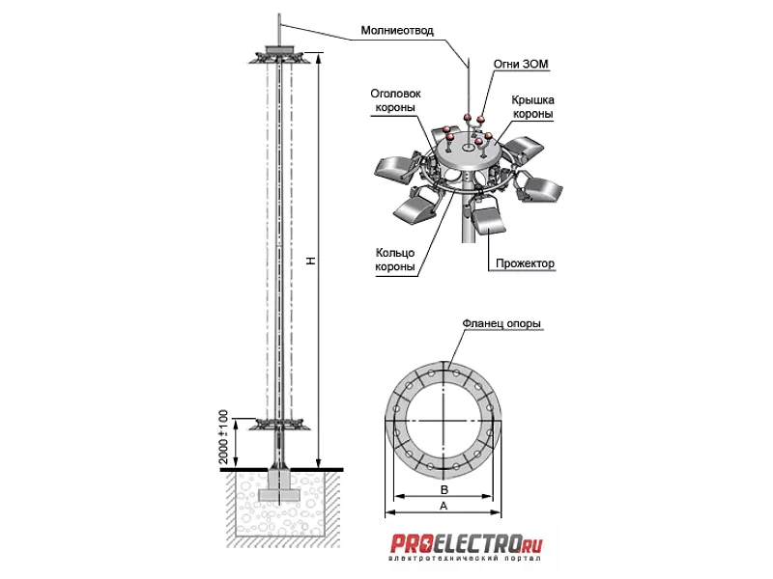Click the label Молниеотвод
(397, 31)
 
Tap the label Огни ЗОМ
(521, 64)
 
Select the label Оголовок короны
(395, 100)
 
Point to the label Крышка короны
(532, 107)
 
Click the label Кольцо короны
(395, 260)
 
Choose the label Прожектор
(525, 263)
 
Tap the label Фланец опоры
(501, 323)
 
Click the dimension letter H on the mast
(311, 261)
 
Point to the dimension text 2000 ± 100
(223, 436)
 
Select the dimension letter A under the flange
(444, 506)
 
